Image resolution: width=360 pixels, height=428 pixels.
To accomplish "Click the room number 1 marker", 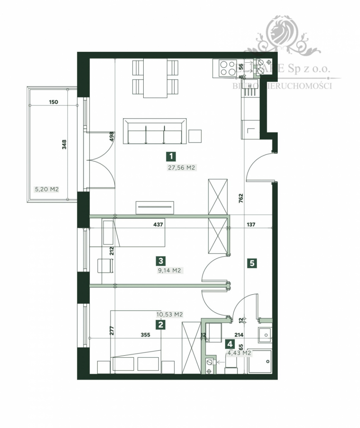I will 170,157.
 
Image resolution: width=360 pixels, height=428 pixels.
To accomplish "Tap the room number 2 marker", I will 159,324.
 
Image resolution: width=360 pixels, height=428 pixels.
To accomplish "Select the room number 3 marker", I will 160,261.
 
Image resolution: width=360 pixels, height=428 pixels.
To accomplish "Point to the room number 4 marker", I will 229,344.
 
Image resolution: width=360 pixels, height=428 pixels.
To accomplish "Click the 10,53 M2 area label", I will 169,314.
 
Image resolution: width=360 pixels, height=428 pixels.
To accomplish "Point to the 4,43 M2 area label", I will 239,353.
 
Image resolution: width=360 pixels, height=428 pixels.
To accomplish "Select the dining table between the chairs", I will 155,78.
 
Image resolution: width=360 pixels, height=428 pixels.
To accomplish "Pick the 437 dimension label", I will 157,224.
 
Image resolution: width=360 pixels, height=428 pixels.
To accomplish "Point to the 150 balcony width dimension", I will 53,102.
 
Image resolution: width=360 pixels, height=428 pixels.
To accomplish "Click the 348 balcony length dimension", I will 64,144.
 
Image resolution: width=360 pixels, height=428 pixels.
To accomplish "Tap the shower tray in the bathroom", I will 259,361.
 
